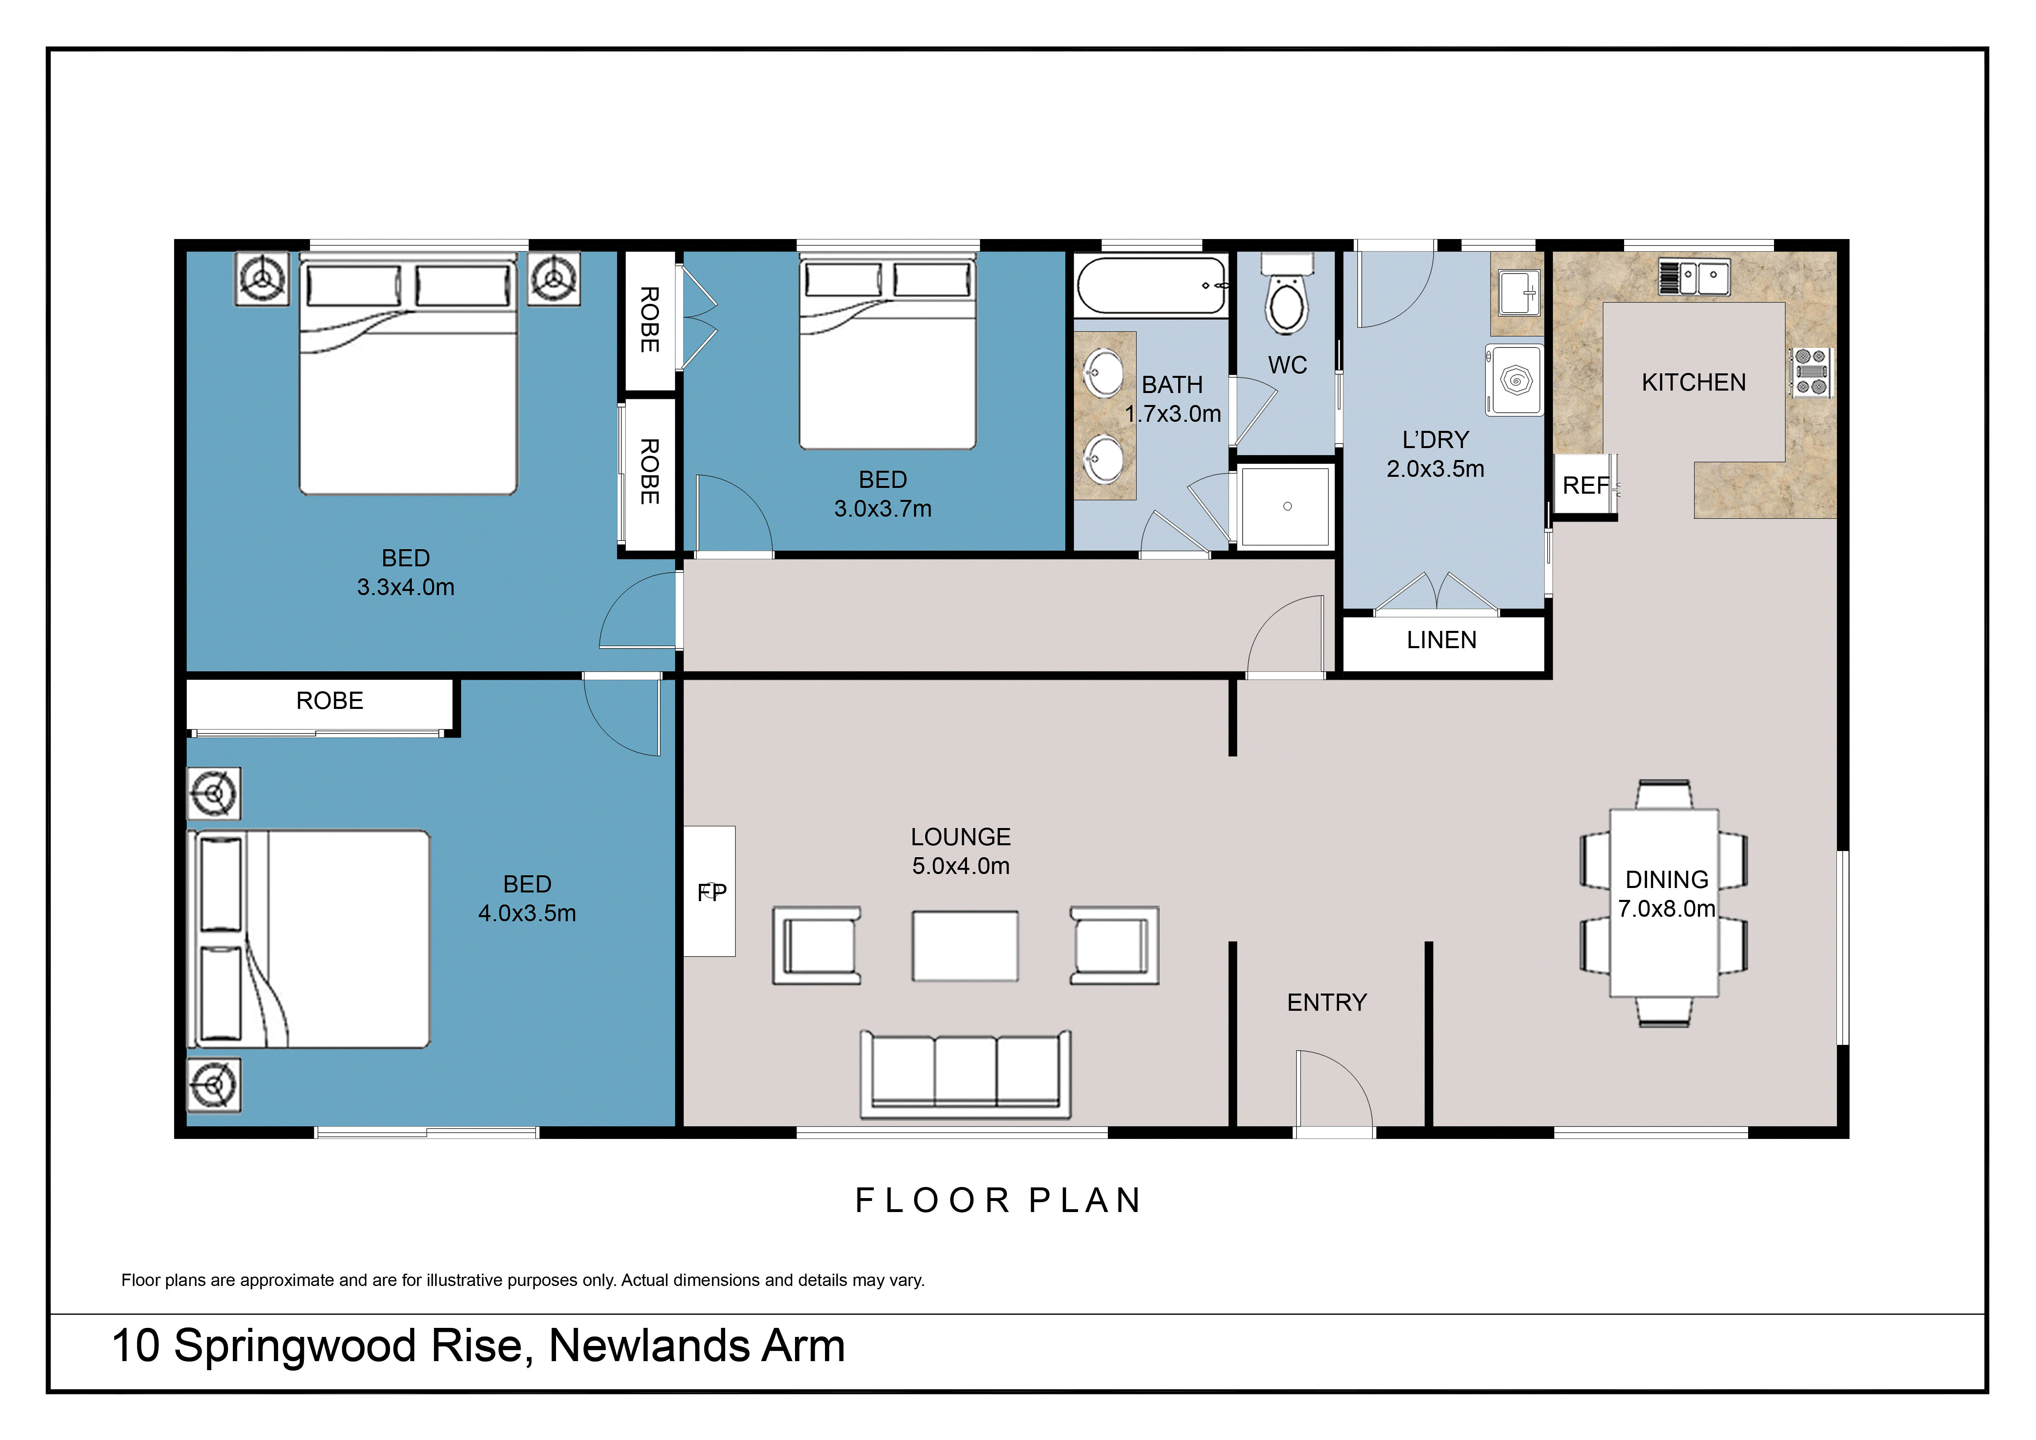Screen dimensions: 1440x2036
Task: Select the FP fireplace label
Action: (711, 892)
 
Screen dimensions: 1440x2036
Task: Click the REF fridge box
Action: (1585, 485)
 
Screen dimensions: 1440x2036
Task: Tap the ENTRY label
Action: (1326, 1003)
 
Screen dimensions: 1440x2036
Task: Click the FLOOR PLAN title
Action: (998, 1201)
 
